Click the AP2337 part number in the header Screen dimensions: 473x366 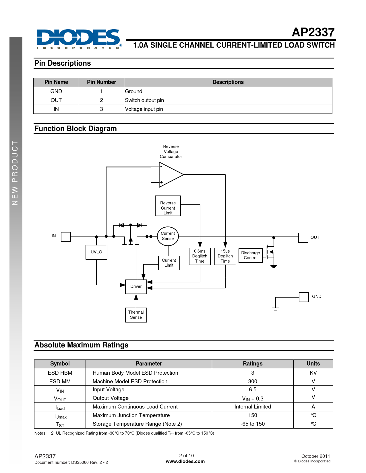click(x=313, y=32)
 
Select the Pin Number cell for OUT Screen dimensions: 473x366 click(x=101, y=100)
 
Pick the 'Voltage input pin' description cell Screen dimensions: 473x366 click(x=228, y=109)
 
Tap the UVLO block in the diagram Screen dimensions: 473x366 click(x=96, y=252)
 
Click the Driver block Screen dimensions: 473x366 click(x=136, y=286)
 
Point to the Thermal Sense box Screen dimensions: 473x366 click(x=136, y=315)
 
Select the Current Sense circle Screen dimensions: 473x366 click(x=168, y=236)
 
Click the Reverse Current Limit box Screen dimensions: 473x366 click(x=168, y=206)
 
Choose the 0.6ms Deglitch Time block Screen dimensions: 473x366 click(x=200, y=256)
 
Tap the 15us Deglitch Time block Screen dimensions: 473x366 click(x=225, y=256)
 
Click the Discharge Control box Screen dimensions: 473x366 click(x=251, y=255)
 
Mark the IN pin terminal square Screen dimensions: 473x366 click(x=66, y=237)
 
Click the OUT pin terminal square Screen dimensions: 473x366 click(x=303, y=238)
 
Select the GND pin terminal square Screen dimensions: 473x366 click(x=304, y=297)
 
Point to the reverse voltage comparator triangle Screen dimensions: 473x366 click(x=169, y=174)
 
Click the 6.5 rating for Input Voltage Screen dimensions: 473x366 click(x=253, y=390)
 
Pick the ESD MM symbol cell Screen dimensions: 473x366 click(x=60, y=381)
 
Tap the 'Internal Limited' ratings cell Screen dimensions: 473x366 click(x=253, y=407)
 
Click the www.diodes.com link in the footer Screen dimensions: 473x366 click(x=185, y=462)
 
